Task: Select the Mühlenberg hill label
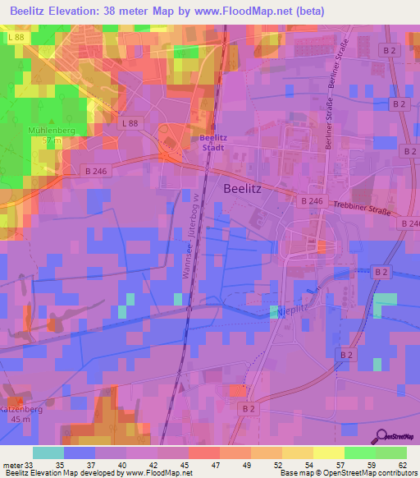tap(51, 130)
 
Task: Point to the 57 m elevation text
tap(52, 140)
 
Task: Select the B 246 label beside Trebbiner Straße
tap(313, 200)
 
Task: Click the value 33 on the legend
tap(29, 465)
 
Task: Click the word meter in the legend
tap(11, 465)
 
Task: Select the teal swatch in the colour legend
tap(48, 453)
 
